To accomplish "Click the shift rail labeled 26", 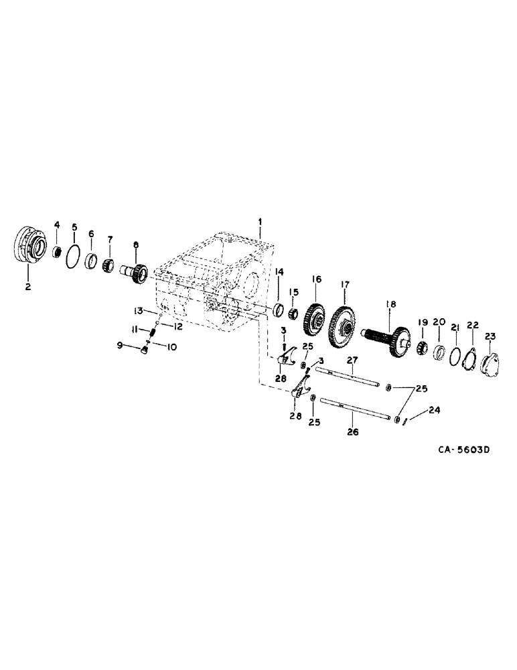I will (355, 410).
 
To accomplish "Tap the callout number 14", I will (279, 272).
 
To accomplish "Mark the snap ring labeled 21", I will (455, 356).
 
